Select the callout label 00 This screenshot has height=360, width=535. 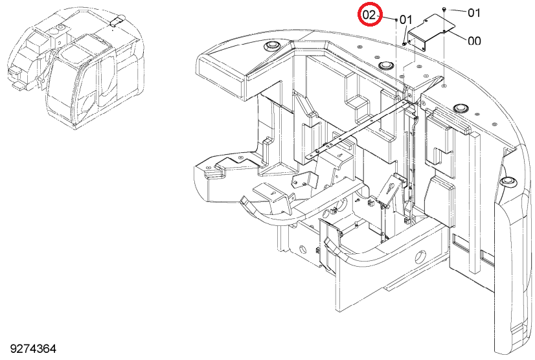point(474,41)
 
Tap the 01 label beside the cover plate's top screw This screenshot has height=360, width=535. point(474,13)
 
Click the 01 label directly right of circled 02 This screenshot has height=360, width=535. point(405,20)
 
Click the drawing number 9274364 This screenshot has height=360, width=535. point(33,349)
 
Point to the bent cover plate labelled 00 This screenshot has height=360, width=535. point(431,32)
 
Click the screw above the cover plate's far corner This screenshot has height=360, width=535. point(444,8)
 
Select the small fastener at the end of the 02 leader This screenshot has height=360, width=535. point(396,20)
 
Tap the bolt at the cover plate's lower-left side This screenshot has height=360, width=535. point(404,43)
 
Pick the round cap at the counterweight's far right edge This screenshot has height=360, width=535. point(508,181)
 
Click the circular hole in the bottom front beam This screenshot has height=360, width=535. point(420,256)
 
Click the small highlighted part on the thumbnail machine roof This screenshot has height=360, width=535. point(116,20)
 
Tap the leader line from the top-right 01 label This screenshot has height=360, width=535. point(457,10)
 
